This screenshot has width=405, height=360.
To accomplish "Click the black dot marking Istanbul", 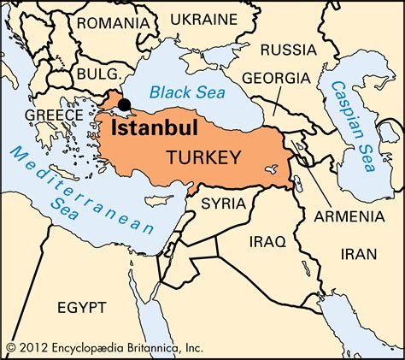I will click(x=125, y=105).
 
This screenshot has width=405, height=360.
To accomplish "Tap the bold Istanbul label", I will click(x=155, y=128).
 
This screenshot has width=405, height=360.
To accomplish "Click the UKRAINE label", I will click(x=204, y=18).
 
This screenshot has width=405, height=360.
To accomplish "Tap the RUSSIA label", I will click(x=289, y=48).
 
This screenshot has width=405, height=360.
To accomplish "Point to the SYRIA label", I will click(x=223, y=204).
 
